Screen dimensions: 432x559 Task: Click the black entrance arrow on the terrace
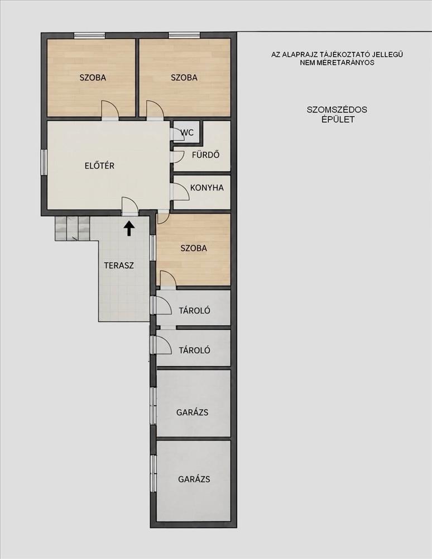tap(129, 229)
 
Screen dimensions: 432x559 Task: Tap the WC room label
tap(187, 132)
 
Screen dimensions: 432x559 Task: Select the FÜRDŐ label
tap(206, 155)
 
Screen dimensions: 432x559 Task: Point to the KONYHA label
tap(207, 188)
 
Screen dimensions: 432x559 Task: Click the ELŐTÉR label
tap(100, 166)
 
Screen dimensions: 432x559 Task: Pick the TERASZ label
tap(119, 266)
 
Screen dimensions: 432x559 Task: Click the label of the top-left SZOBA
tap(93, 77)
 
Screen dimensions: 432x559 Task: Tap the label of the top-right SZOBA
tap(184, 77)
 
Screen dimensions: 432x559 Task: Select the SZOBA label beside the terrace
tap(194, 248)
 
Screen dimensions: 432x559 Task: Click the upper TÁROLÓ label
tap(194, 310)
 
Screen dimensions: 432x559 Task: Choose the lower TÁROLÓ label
tap(194, 350)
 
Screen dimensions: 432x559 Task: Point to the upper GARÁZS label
tap(192, 413)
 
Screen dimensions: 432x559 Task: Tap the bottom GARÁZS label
tap(194, 479)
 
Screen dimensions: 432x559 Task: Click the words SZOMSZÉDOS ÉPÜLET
tap(337, 115)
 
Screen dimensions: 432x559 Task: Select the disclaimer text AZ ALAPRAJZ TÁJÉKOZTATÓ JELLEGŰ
tap(337, 55)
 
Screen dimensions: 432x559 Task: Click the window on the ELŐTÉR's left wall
tap(44, 162)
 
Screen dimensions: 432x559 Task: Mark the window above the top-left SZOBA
tap(90, 35)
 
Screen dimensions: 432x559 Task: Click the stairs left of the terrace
tap(72, 228)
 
